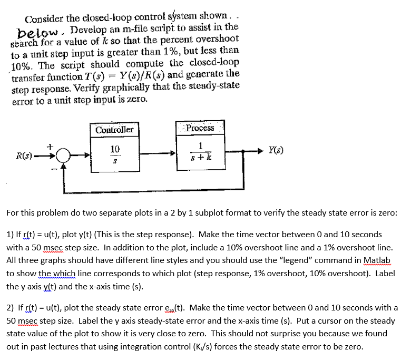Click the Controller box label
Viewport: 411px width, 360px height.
pos(115,130)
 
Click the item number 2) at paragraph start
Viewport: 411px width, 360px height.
pos(11,307)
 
